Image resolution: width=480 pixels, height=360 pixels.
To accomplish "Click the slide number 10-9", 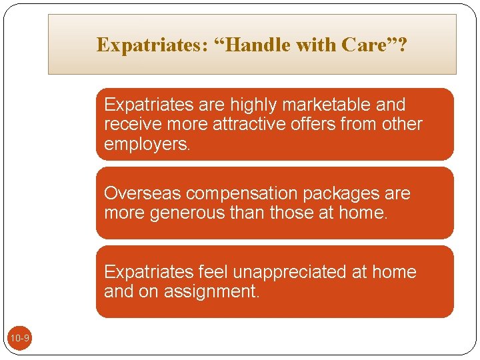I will pyautogui.click(x=19, y=339).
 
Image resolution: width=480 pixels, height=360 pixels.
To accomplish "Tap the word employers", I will pyautogui.click(x=146, y=144).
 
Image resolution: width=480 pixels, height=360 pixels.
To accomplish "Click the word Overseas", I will pyautogui.click(x=143, y=193).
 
